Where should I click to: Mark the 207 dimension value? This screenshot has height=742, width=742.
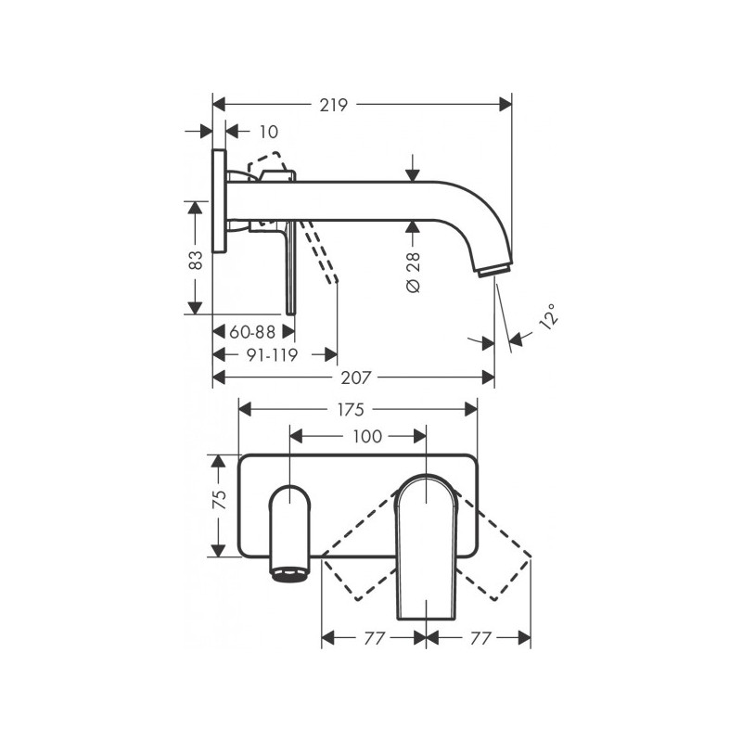(x=355, y=377)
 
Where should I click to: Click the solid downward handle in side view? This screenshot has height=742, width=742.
(x=291, y=269)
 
